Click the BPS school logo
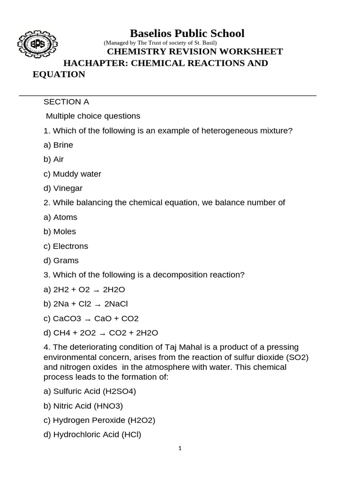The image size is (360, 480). pos(38,45)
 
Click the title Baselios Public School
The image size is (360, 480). pos(187,33)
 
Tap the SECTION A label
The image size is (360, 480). pos(66,102)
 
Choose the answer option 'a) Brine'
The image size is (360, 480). pos(58,145)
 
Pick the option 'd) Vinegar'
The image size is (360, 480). pos(63,188)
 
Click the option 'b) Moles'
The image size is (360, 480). pos(60,232)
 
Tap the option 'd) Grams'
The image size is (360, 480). pos(61,261)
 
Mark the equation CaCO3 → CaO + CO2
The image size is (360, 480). pos(96,319)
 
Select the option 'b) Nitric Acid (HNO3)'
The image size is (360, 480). pos(83,406)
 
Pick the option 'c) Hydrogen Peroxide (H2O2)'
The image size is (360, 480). pos(99,420)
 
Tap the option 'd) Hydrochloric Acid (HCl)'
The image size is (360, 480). pos(92,435)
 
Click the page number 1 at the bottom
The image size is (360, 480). pos(180,449)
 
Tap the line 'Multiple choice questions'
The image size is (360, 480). pos(93,116)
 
